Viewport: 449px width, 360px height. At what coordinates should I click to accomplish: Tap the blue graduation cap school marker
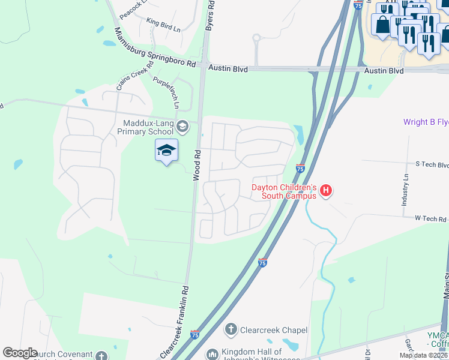pos(166,151)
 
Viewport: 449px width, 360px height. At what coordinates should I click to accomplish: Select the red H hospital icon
pos(326,191)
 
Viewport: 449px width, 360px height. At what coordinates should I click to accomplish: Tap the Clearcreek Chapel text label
pos(274,330)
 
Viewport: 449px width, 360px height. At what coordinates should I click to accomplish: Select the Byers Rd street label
pos(209,15)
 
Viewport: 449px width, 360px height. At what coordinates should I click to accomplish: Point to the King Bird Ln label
pos(163,23)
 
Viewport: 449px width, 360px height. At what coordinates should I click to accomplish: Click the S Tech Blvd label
pos(432,164)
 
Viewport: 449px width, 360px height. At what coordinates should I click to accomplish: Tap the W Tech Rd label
pos(432,219)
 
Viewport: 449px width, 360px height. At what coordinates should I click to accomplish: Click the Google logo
pos(20,353)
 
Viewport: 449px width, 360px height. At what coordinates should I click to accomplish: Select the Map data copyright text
pos(424,355)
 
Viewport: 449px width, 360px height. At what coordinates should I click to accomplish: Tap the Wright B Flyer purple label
pos(426,122)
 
